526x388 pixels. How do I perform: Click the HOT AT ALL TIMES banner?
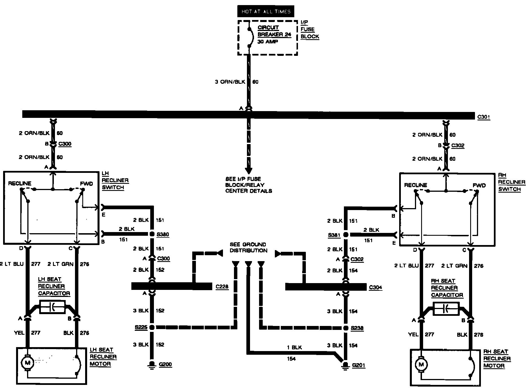(266, 12)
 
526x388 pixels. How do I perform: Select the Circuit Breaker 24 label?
(274, 31)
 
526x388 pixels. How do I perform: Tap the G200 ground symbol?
(152, 364)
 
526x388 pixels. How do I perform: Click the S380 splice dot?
(152, 234)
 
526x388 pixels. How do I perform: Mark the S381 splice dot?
(346, 235)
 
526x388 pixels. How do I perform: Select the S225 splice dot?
(152, 327)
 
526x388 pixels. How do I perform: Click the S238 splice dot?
(346, 328)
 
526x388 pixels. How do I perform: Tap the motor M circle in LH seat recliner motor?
(28, 363)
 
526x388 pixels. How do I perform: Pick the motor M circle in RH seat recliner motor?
(421, 364)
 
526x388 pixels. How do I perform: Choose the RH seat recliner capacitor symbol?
(446, 309)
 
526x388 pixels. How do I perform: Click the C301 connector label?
(484, 117)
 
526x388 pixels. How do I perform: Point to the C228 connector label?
(222, 287)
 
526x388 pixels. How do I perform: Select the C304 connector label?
(375, 287)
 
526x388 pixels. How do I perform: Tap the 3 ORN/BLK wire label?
(229, 82)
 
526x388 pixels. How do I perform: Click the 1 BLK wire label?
(294, 348)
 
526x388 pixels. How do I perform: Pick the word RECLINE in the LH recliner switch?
(19, 184)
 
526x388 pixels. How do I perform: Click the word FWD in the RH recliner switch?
(479, 185)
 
